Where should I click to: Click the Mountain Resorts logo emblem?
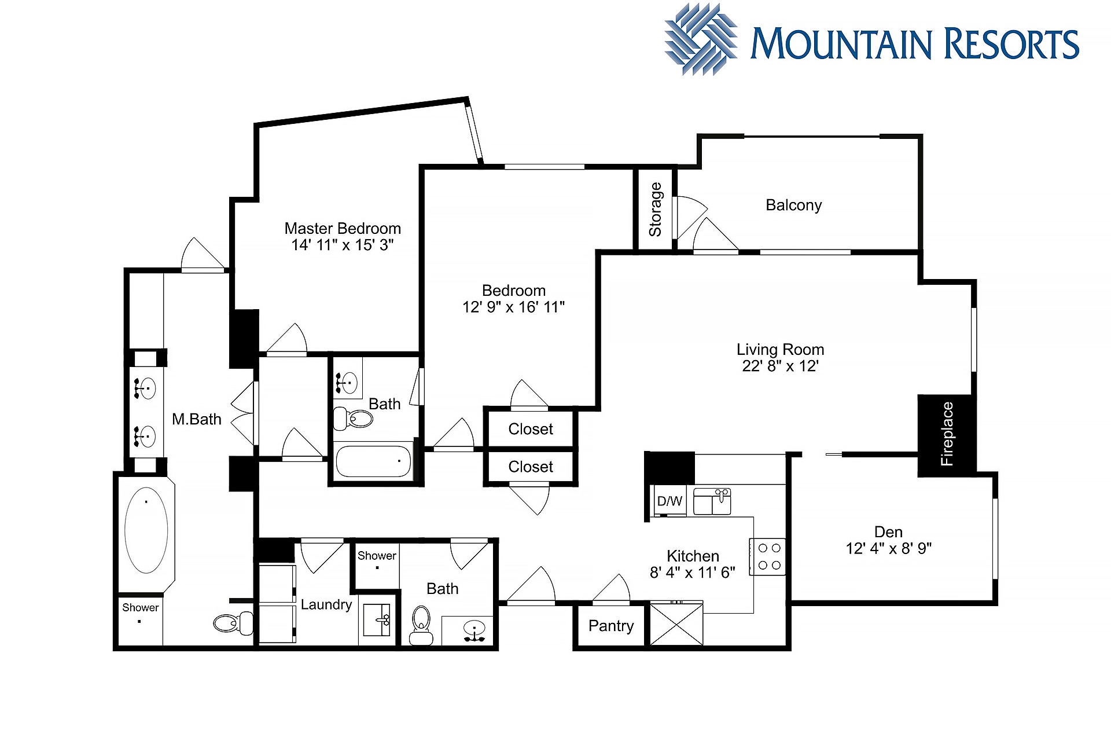[x=701, y=39]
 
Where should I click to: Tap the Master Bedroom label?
[x=343, y=229]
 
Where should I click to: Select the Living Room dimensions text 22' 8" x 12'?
[x=780, y=366]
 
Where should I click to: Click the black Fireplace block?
[x=947, y=435]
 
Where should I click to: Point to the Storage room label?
[x=655, y=210]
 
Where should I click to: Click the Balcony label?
[x=793, y=206]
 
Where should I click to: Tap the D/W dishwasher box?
[x=669, y=501]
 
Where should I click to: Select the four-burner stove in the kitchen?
[x=768, y=556]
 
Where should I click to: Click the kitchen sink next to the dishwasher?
[x=712, y=501]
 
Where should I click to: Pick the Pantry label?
[x=611, y=626]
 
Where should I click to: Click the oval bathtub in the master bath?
[x=146, y=530]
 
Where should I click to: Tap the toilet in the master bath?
[x=233, y=623]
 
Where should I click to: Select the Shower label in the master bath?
[x=140, y=607]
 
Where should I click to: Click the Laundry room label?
[x=326, y=605]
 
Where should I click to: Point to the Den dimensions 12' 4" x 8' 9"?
[x=888, y=548]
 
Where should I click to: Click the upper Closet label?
[x=531, y=429]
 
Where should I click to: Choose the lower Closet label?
[x=531, y=467]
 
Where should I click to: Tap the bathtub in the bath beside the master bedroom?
[x=373, y=461]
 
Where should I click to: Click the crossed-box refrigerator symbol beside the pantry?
[x=676, y=623]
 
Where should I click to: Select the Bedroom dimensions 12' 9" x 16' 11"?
[x=513, y=307]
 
